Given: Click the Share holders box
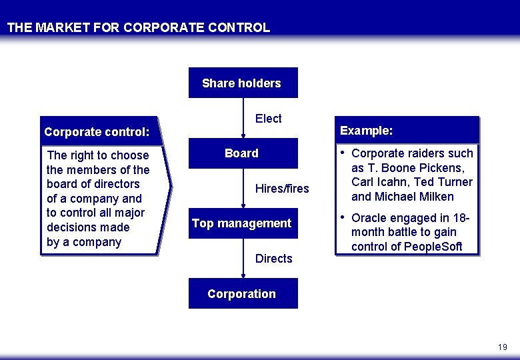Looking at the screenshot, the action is coord(243,83).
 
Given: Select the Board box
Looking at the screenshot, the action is coord(243,153).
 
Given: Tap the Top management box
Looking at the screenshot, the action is coord(243,223).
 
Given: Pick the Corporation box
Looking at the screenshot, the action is coord(243,294).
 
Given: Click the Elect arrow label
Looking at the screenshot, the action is coord(268,119).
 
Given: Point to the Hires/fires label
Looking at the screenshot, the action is coord(282,189).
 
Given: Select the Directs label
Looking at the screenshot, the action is coord(273,259).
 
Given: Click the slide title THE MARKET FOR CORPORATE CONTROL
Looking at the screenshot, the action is coord(139,28).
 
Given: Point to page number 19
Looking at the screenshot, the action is coord(502,347).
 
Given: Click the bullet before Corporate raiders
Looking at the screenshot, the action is coord(343,153).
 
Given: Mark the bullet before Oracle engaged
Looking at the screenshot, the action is coord(343,218).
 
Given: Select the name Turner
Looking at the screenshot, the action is coord(455,182).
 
